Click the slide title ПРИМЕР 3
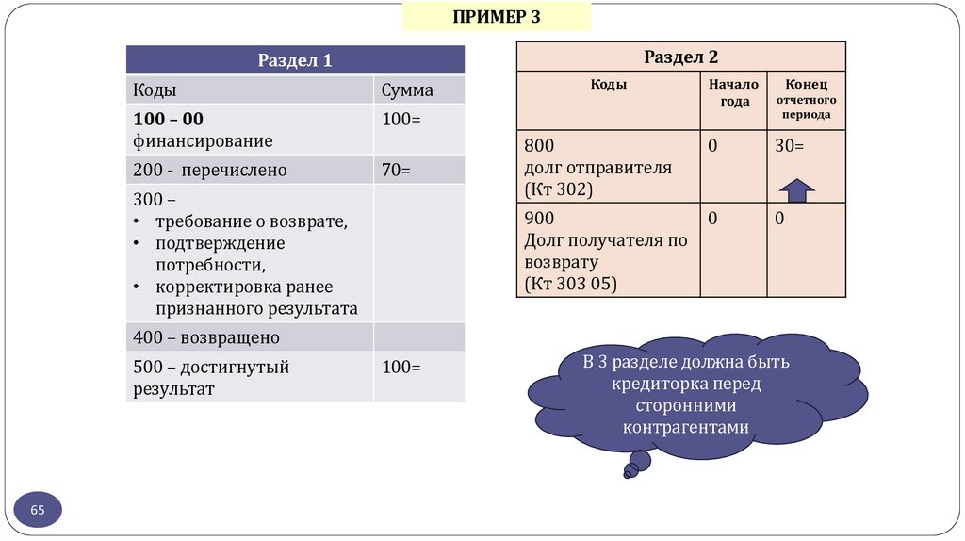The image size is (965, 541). pos(496,17)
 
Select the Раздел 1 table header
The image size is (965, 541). pos(295,60)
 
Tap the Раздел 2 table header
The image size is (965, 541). pos(680,57)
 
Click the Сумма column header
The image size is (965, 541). pos(407,90)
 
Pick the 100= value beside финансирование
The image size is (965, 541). pos(401,120)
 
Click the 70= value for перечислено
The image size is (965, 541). pos(397,171)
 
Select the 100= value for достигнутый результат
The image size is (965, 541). pos(401,368)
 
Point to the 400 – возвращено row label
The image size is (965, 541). pos(206,336)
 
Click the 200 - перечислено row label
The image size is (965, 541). pos(209,171)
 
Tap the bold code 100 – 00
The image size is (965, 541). pos(169,120)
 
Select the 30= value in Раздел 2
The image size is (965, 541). pos(790,146)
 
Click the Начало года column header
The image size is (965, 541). pos(734,92)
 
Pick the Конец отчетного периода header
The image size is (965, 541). pos(807,99)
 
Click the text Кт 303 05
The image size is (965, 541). pos(570,283)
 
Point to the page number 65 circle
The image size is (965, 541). pos(38,510)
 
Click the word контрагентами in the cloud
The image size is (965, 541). pos(685,427)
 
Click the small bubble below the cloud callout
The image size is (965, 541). pos(638,462)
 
